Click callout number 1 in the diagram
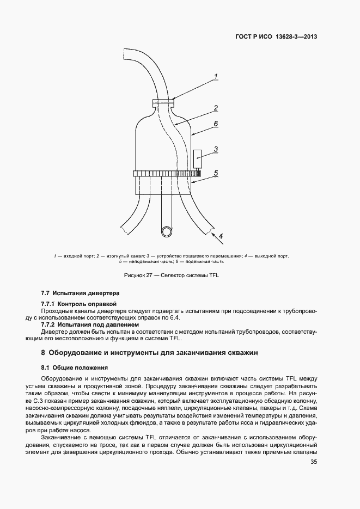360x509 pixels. pyautogui.click(x=216, y=76)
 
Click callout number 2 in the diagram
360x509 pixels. pyautogui.click(x=216, y=108)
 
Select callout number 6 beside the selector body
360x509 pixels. pyautogui.click(x=216, y=124)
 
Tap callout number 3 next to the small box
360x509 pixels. pyautogui.click(x=216, y=148)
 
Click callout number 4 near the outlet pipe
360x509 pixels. pyautogui.click(x=221, y=236)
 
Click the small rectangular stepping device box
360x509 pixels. pyautogui.click(x=197, y=158)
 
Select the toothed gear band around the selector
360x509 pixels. pyautogui.click(x=166, y=174)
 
